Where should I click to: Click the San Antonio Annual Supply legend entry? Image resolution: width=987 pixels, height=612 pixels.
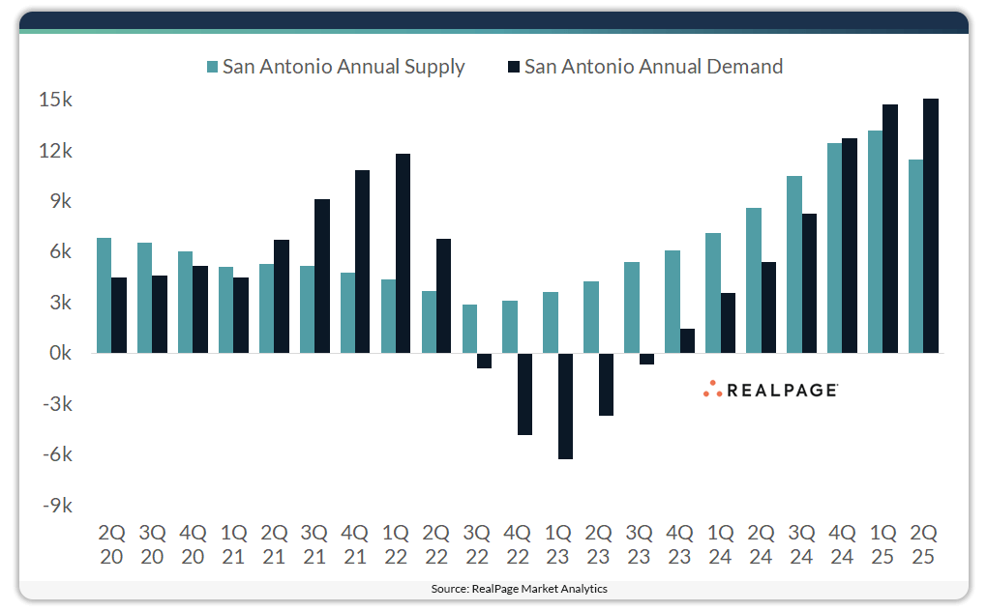pos(335,67)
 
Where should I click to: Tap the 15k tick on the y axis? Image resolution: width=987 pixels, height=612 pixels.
pos(56,101)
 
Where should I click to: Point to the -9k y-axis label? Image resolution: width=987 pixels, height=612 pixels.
pos(54,506)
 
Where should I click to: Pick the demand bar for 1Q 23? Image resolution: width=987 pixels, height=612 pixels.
pos(566,406)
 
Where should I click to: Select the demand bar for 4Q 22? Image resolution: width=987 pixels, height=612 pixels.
pos(525,394)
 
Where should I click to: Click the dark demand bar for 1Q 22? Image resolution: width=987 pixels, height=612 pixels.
pos(404,253)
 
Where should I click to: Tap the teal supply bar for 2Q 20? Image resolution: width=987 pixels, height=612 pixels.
pos(104,295)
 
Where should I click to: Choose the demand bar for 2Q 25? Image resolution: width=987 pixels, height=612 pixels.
pos(931,225)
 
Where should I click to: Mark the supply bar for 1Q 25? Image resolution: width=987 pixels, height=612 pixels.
pos(875,242)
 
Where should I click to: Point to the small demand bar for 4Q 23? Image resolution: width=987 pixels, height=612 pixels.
pos(688,341)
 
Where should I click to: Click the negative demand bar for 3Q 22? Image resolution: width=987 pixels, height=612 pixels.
pos(485,361)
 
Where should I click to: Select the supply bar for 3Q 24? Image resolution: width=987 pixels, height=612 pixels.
pos(793,264)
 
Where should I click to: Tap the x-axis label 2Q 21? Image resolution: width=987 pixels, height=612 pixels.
pos(275,544)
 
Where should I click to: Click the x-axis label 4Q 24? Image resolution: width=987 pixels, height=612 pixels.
pos(843,544)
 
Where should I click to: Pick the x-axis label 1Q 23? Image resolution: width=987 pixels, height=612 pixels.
pos(559,544)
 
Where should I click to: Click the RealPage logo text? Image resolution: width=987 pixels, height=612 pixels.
pos(782,390)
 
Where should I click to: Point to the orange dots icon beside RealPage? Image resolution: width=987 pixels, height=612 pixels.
pos(712,389)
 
